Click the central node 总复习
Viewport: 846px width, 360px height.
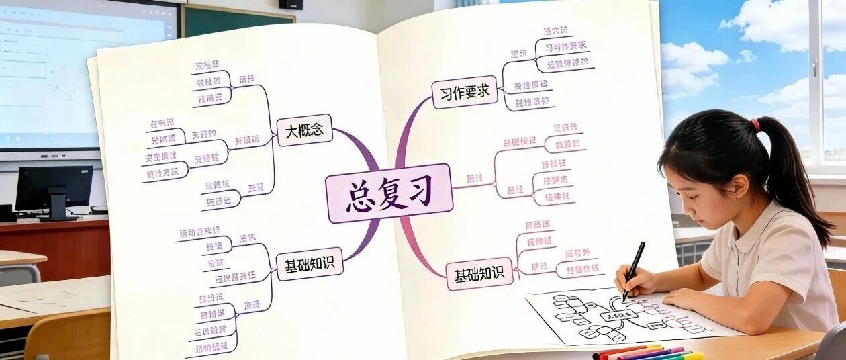click(389, 193)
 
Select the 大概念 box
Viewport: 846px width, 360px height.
click(304, 130)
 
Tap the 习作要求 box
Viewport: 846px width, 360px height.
click(464, 92)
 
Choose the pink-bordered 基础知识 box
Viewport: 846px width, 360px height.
click(479, 275)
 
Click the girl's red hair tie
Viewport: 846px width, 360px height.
click(755, 124)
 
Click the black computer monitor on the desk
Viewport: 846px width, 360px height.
click(54, 189)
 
